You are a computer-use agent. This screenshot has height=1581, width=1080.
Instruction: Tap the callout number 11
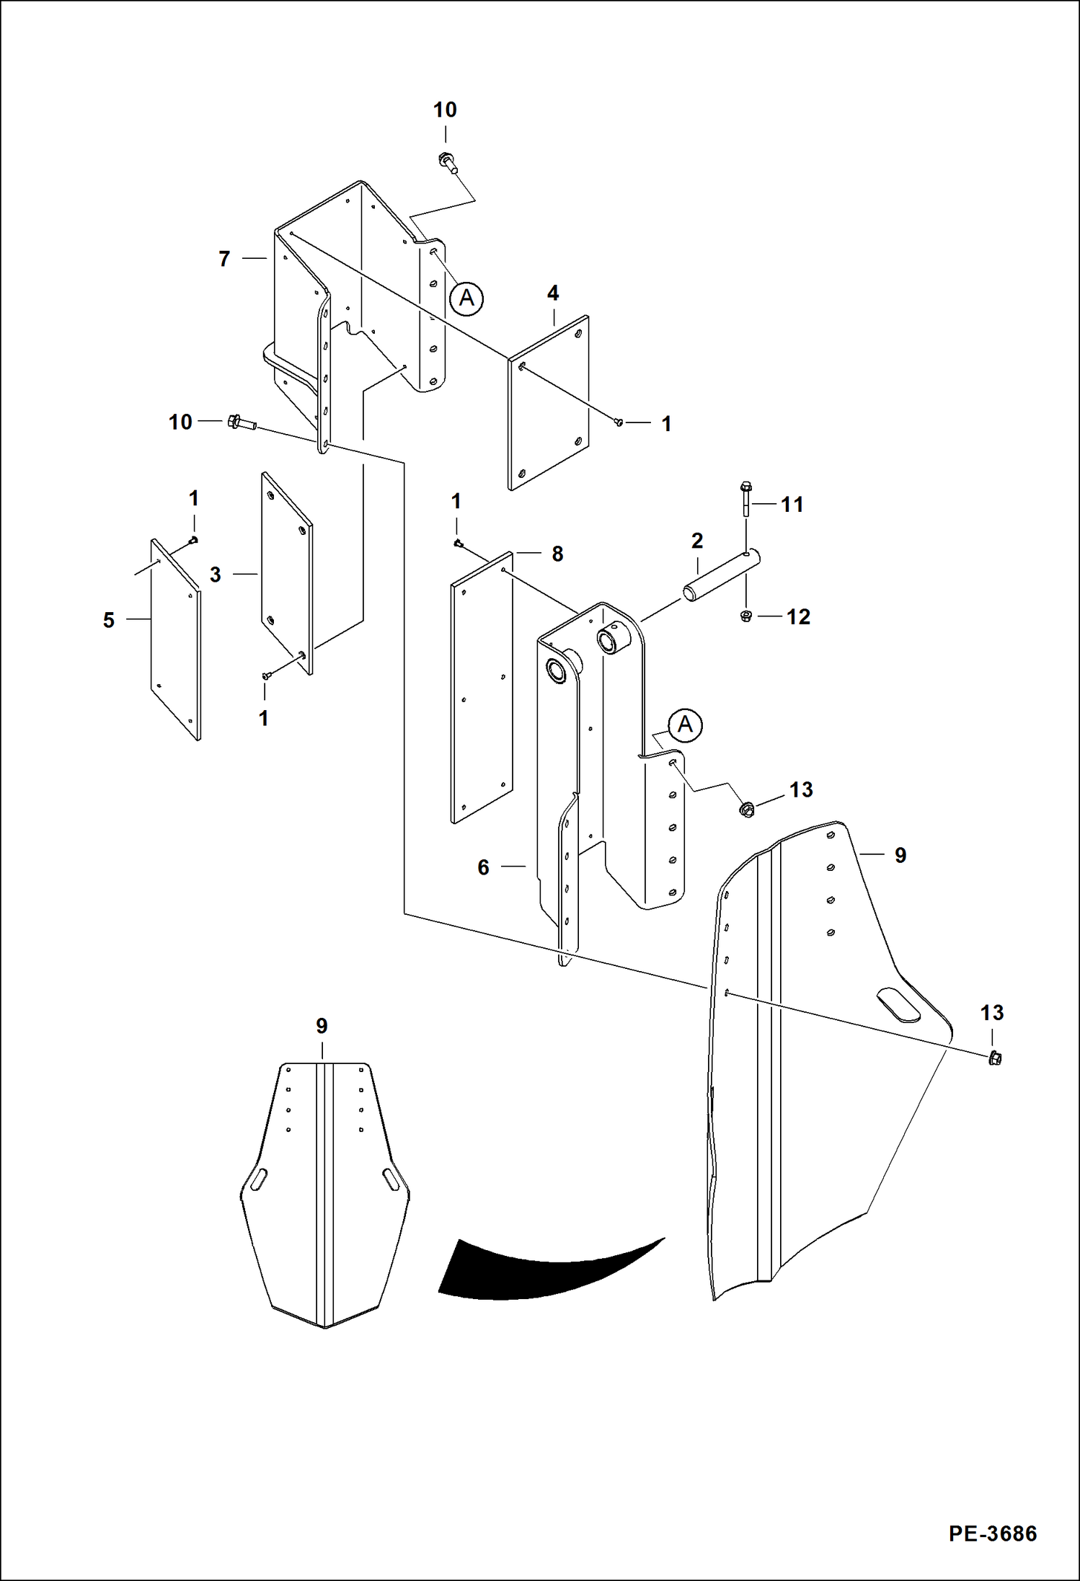pyautogui.click(x=792, y=505)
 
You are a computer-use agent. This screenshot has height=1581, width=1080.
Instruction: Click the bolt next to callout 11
pyautogui.click(x=745, y=498)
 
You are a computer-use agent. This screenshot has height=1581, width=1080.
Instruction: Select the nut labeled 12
pyautogui.click(x=746, y=616)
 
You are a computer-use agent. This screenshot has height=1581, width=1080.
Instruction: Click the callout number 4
pyautogui.click(x=553, y=293)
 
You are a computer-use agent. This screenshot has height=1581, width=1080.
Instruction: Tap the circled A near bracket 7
pyautogui.click(x=466, y=298)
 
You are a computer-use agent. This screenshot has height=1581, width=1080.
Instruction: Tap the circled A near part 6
pyautogui.click(x=685, y=725)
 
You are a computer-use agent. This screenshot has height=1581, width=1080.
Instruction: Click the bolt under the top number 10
pyautogui.click(x=447, y=163)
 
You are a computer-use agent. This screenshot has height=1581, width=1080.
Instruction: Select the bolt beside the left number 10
pyautogui.click(x=241, y=422)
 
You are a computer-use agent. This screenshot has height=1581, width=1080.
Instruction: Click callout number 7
pyautogui.click(x=224, y=259)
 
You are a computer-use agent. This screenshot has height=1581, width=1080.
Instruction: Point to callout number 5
pyautogui.click(x=109, y=620)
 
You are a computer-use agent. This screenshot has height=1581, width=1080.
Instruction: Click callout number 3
pyautogui.click(x=215, y=575)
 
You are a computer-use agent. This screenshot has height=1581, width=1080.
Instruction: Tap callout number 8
pyautogui.click(x=557, y=554)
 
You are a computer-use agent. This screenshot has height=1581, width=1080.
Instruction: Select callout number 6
pyautogui.click(x=483, y=867)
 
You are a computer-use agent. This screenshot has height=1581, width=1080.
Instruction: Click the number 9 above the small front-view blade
pyautogui.click(x=322, y=1026)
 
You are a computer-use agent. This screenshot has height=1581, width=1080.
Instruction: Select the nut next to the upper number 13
pyautogui.click(x=747, y=810)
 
